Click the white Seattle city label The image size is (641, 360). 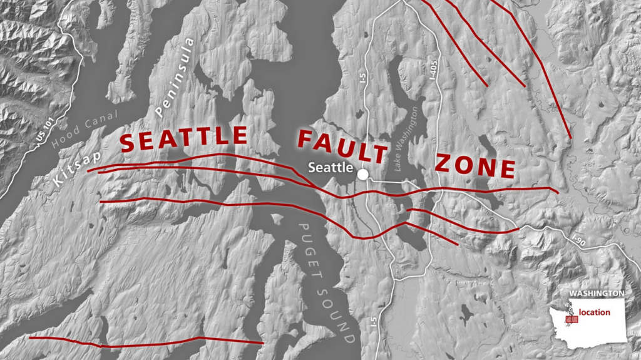pos(331,167)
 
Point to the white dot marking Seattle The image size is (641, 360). pos(362,174)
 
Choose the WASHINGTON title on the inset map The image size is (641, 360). pos(597,293)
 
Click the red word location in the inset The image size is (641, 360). pos(594,312)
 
